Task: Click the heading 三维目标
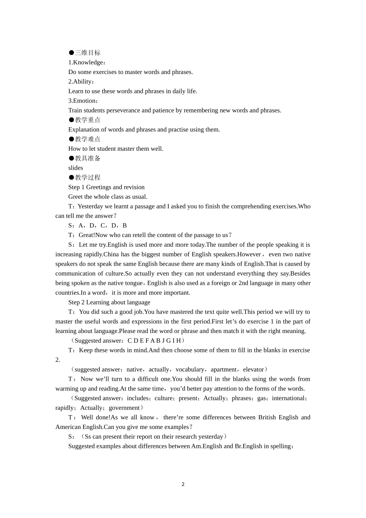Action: click(x=87, y=53)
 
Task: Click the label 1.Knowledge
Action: click(x=86, y=62)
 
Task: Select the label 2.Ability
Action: click(x=81, y=82)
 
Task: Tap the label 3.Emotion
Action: click(x=83, y=101)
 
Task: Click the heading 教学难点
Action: click(x=87, y=139)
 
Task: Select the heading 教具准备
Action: click(x=87, y=158)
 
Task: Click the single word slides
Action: click(x=76, y=168)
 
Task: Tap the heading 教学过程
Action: click(x=87, y=178)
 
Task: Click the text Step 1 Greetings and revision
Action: click(x=106, y=187)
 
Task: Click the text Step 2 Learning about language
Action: click(x=109, y=303)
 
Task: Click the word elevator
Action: click(x=253, y=370)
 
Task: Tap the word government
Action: click(x=124, y=408)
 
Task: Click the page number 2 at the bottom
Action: click(x=183, y=484)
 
